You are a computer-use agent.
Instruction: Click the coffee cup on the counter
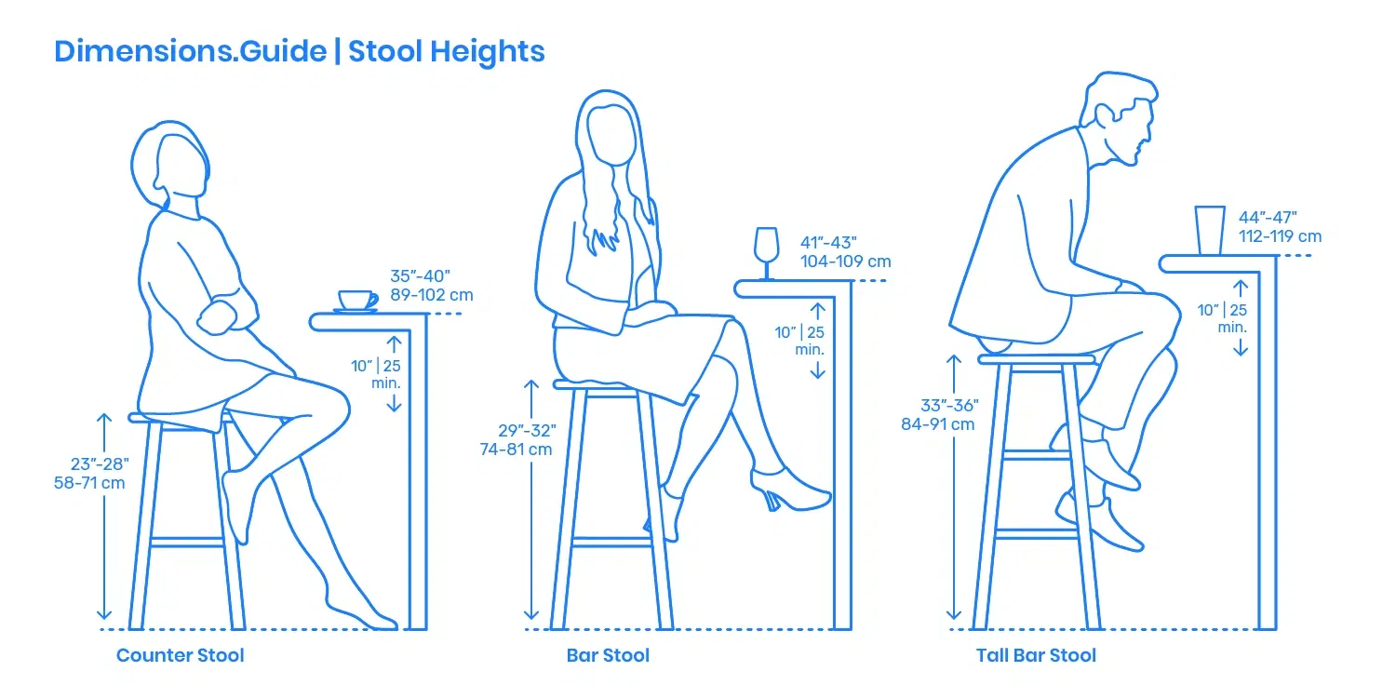point(356,300)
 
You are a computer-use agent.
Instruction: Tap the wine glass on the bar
point(766,250)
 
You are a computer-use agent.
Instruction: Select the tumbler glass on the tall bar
point(1210,230)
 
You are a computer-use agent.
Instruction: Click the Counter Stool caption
point(180,655)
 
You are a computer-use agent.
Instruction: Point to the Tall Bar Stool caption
point(1036,655)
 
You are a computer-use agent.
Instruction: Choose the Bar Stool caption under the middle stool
point(608,655)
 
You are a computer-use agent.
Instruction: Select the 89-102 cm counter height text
point(432,295)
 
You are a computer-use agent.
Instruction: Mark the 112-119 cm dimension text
point(1280,235)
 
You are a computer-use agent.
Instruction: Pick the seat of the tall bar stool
point(1036,358)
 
